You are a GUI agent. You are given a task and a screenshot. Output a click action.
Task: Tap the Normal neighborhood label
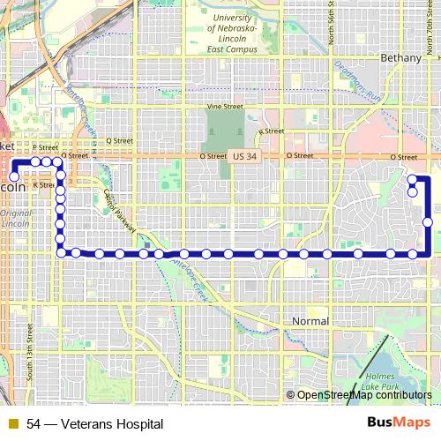pos(310,321)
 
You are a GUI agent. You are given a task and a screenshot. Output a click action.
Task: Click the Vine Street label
pos(224,107)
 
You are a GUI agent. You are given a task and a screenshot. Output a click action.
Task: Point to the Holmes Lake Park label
pos(382,381)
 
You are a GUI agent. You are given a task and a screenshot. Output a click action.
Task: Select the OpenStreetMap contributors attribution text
pos(364,395)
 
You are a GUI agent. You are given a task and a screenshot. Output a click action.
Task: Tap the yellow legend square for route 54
pos(11,424)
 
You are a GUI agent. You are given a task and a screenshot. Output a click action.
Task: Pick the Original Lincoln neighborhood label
pos(15,219)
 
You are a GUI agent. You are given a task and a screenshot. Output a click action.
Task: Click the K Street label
pos(42,186)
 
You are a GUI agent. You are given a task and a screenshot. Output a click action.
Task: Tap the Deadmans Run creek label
pos(357,84)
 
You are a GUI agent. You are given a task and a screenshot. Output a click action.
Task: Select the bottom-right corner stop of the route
pos(413,254)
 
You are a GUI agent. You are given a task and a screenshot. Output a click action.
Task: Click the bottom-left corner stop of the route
pos(61,254)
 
